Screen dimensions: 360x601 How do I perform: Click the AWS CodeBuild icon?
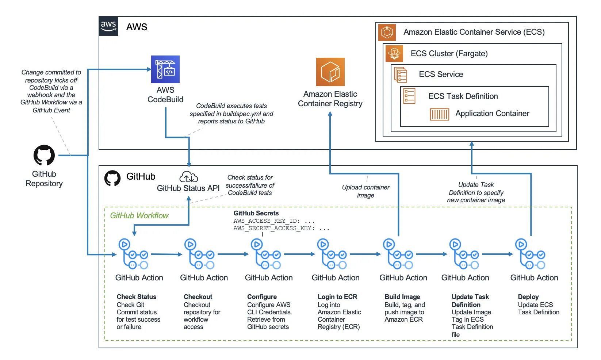(x=165, y=69)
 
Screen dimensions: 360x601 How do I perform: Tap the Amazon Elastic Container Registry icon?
(x=330, y=72)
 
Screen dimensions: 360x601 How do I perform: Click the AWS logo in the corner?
(x=108, y=26)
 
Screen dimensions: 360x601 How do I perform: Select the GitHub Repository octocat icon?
(x=44, y=156)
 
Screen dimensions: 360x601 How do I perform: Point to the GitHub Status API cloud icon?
(x=188, y=177)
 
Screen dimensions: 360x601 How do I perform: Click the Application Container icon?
(x=439, y=114)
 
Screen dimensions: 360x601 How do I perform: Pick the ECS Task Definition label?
(x=463, y=96)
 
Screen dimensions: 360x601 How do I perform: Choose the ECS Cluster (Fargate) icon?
(x=394, y=53)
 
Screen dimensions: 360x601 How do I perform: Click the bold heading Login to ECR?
(x=337, y=297)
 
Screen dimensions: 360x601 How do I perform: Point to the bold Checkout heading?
(x=198, y=297)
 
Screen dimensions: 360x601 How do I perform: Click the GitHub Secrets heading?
(x=256, y=213)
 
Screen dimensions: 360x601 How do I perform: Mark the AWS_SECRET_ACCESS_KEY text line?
(x=281, y=228)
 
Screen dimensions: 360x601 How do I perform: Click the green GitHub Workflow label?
(x=139, y=216)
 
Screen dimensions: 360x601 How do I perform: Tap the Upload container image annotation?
(x=365, y=191)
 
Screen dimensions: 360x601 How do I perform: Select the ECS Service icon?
(x=401, y=74)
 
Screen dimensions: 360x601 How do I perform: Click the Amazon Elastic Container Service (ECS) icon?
(x=387, y=32)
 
